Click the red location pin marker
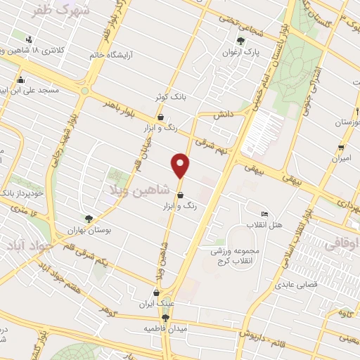point(181,165)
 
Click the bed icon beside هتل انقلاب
point(264,214)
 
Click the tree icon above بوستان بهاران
point(89,219)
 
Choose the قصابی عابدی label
point(302,285)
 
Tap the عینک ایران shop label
point(157,303)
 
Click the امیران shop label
point(342,160)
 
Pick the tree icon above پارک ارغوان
point(240,41)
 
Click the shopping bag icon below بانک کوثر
point(161,117)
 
